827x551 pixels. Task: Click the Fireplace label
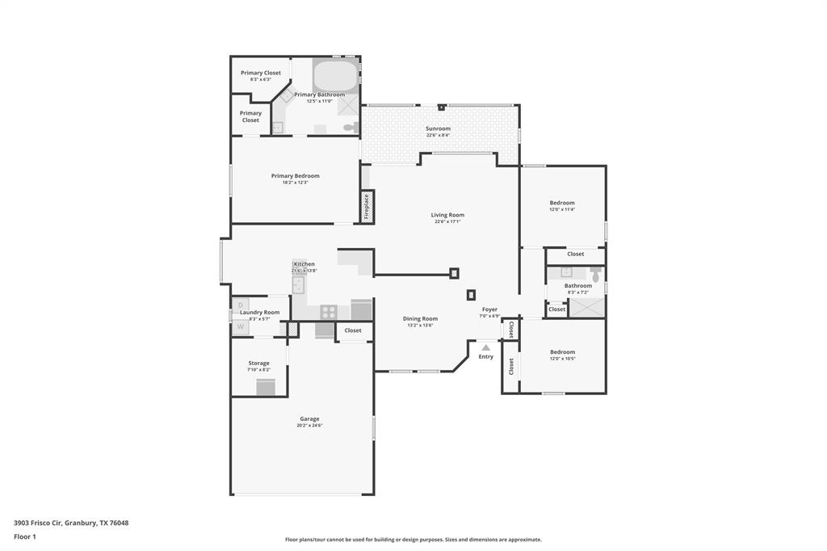pyautogui.click(x=366, y=206)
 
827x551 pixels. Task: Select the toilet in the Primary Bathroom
pyautogui.click(x=350, y=128)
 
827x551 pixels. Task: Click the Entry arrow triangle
pyautogui.click(x=485, y=347)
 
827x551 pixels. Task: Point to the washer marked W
pyautogui.click(x=240, y=327)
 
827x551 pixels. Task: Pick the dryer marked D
pyautogui.click(x=241, y=305)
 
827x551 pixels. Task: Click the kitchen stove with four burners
pyautogui.click(x=330, y=311)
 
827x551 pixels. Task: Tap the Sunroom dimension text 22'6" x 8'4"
pyautogui.click(x=438, y=135)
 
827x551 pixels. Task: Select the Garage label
pyautogui.click(x=309, y=419)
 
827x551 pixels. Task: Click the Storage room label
pyautogui.click(x=258, y=364)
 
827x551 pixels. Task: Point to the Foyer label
pyautogui.click(x=489, y=309)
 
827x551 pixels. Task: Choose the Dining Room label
pyautogui.click(x=420, y=318)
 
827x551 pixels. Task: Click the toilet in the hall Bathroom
pyautogui.click(x=596, y=276)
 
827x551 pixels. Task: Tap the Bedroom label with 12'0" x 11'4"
pyautogui.click(x=562, y=203)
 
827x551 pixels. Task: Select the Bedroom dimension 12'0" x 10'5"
pyautogui.click(x=562, y=358)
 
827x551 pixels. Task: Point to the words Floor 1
pyautogui.click(x=25, y=536)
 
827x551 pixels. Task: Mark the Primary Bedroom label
pyautogui.click(x=295, y=176)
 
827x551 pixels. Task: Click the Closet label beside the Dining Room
pyautogui.click(x=353, y=330)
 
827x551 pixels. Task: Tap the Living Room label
pyautogui.click(x=447, y=215)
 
